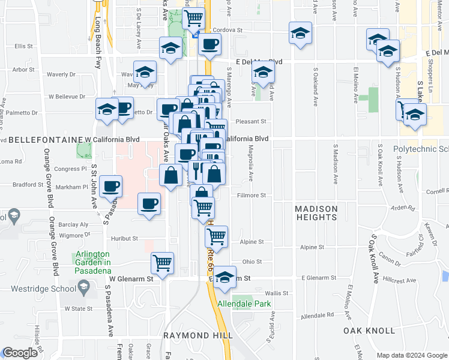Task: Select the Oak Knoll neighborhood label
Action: point(369,331)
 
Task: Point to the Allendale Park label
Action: point(244,304)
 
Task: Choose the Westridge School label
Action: point(41,287)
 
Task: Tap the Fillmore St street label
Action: point(251,195)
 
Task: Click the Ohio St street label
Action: point(252,262)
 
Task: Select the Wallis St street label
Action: point(277,293)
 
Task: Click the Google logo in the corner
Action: point(20,353)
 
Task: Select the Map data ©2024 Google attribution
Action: point(411,355)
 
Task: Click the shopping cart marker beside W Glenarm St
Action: point(162,262)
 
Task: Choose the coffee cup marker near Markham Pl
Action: point(111,186)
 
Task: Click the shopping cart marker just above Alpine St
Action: point(216,235)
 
